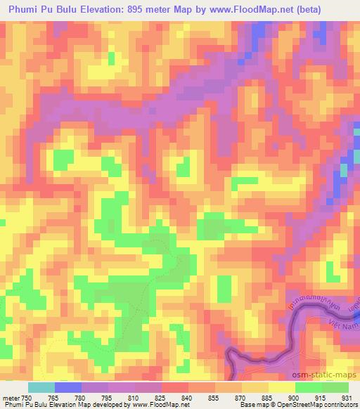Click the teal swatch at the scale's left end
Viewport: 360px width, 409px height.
click(x=41, y=387)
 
